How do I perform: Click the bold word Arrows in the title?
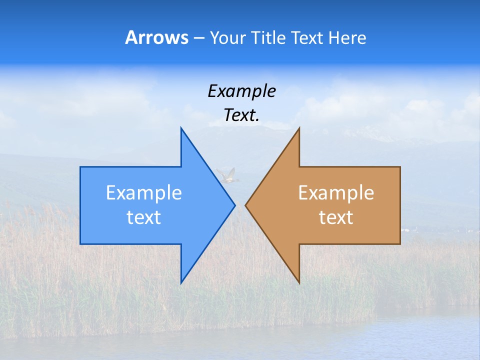tap(156, 37)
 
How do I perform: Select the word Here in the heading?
tap(347, 38)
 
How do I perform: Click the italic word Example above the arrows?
tap(241, 91)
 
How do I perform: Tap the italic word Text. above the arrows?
tap(241, 115)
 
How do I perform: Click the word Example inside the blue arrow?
tap(144, 193)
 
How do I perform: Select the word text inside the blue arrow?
tap(144, 217)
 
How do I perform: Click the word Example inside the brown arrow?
tap(336, 193)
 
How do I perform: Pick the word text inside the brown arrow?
tap(336, 217)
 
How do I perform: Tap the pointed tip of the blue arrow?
tap(234, 205)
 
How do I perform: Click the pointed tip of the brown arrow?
tap(245, 205)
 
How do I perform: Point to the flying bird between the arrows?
tap(227, 175)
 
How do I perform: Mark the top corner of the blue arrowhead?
tap(181, 128)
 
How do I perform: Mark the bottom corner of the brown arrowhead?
tap(299, 283)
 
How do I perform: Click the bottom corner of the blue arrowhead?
tap(181, 283)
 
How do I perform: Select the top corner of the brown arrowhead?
tap(299, 128)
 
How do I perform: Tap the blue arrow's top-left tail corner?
tap(80, 167)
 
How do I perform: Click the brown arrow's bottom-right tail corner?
tap(400, 244)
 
